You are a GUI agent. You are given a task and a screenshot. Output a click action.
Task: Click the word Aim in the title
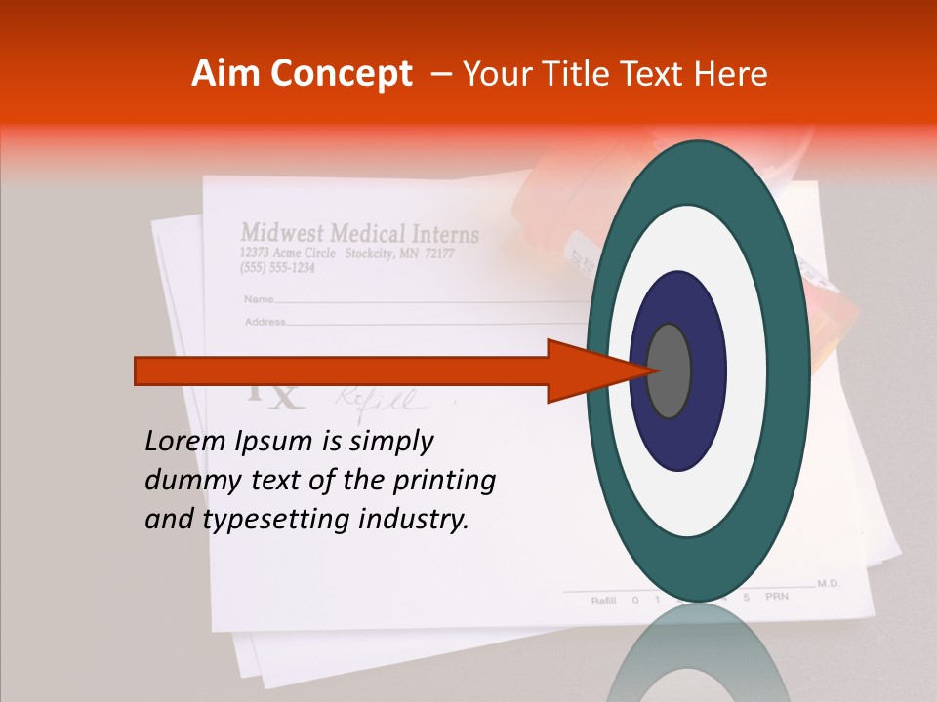pyautogui.click(x=225, y=74)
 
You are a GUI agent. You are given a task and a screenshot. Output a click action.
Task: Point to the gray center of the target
pyautogui.click(x=670, y=370)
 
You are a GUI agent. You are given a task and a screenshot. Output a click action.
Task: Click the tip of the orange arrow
pyautogui.click(x=646, y=370)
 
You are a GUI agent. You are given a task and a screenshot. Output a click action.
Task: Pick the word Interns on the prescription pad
pyautogui.click(x=444, y=235)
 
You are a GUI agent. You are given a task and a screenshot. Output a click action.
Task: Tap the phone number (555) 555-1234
pyautogui.click(x=277, y=268)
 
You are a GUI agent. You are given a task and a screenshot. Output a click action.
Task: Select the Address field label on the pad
pyautogui.click(x=264, y=321)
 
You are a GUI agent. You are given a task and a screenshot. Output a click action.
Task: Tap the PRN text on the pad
pyautogui.click(x=777, y=596)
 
